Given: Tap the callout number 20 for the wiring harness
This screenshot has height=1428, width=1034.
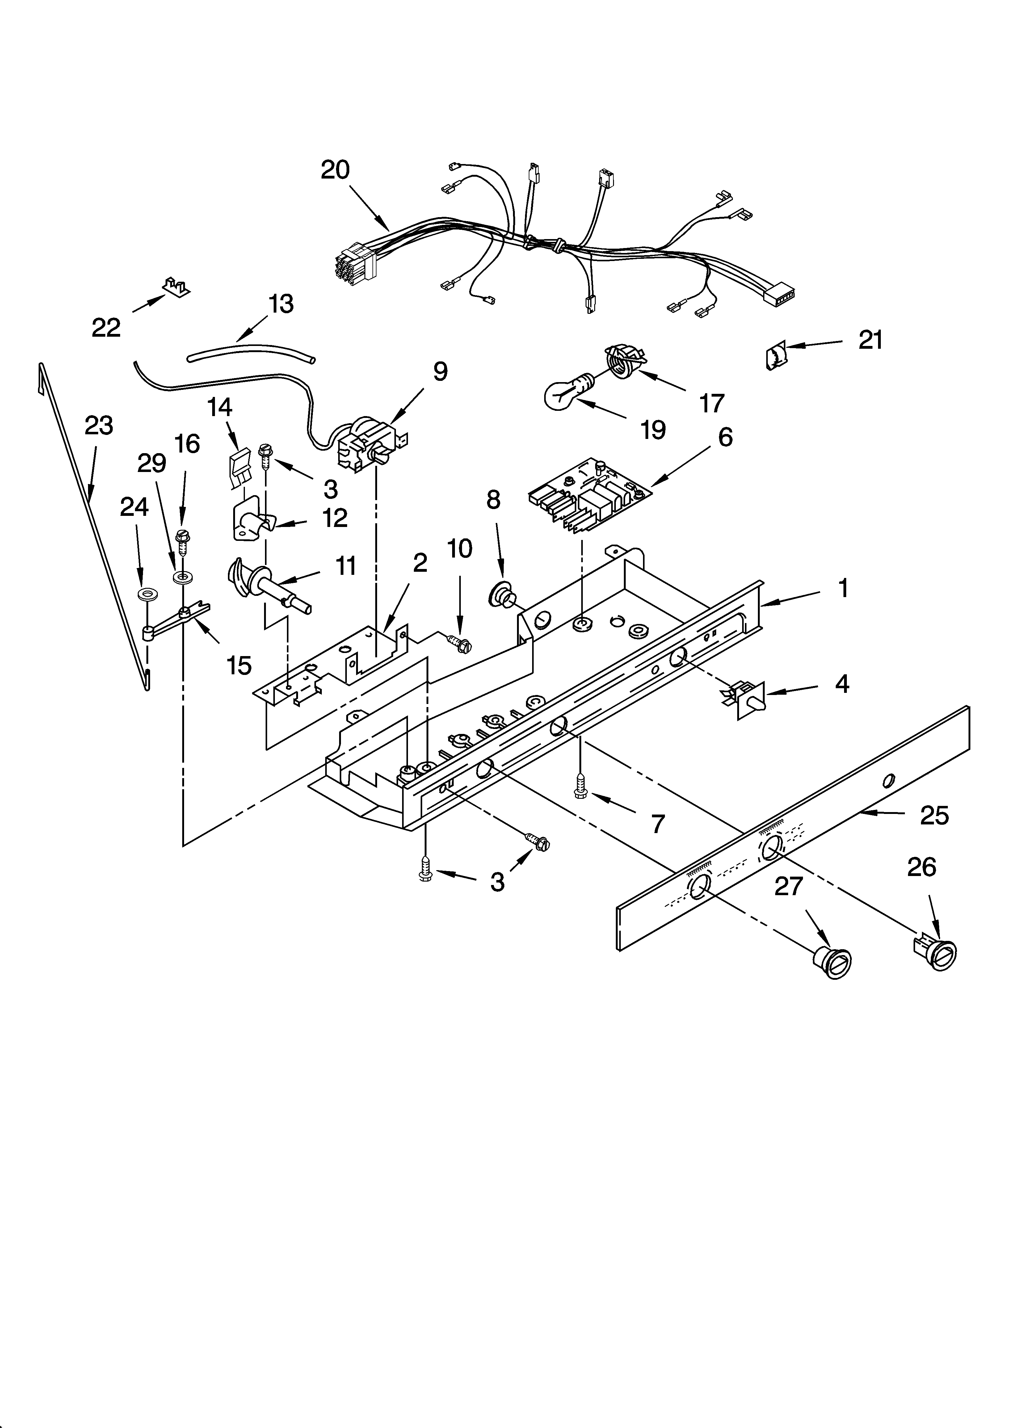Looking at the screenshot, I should coord(335,170).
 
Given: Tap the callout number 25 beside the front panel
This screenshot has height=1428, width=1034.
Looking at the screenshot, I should coord(934,815).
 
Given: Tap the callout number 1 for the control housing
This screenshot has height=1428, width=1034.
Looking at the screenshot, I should coord(843,588).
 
